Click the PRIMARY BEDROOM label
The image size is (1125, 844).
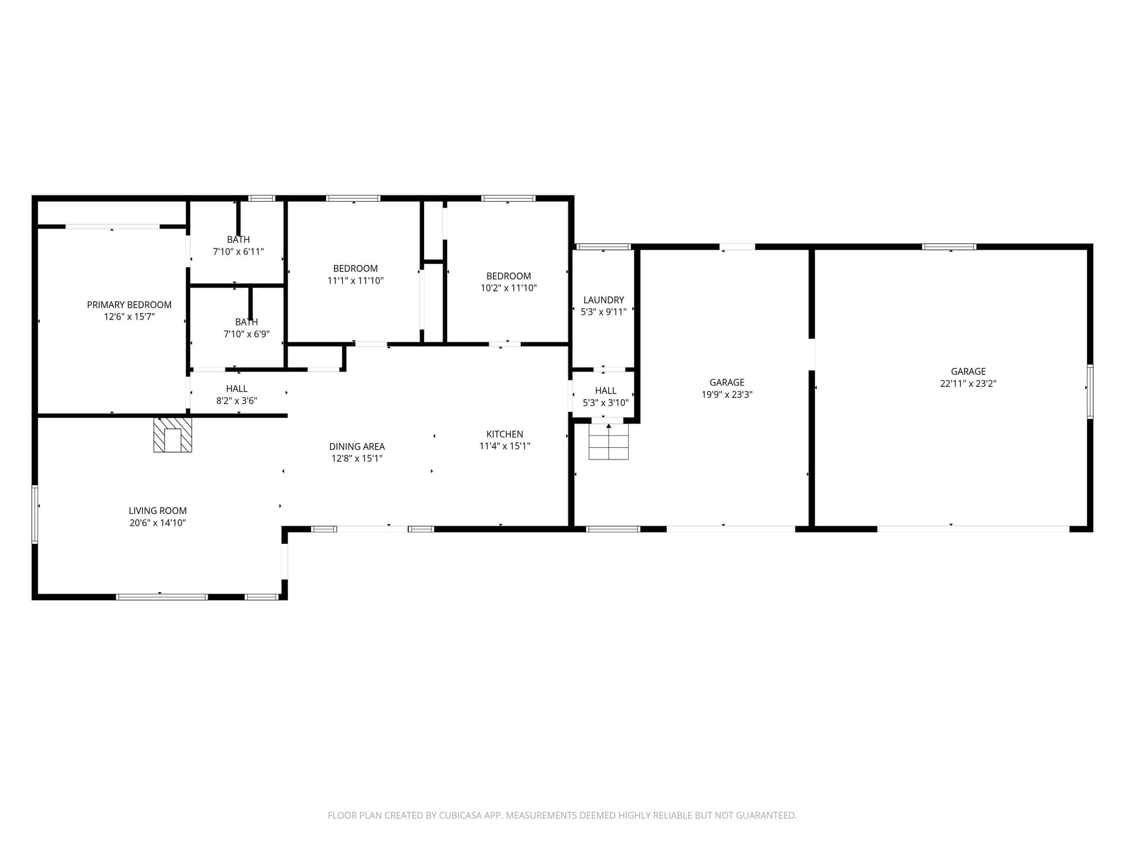(129, 305)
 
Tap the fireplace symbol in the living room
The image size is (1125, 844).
(172, 435)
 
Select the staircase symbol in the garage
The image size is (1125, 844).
(608, 441)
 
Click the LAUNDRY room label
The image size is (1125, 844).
(604, 300)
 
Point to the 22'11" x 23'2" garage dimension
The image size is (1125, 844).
(968, 384)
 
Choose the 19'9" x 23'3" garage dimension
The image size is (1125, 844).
(727, 395)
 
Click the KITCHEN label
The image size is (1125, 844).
(504, 434)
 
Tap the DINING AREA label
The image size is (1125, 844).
(357, 447)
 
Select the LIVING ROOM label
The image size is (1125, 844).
(158, 511)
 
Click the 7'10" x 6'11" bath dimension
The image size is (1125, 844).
(238, 252)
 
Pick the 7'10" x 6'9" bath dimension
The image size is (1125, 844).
(246, 335)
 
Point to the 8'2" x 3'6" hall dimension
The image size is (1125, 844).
(237, 401)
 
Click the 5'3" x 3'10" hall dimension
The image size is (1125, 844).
(605, 403)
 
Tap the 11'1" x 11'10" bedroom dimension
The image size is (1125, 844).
(355, 281)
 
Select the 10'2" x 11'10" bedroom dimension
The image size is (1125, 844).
(509, 288)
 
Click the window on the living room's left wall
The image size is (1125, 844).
(35, 515)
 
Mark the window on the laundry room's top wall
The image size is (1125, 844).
(603, 247)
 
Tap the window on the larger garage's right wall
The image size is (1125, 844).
(1090, 392)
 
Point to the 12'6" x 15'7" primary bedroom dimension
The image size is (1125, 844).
(129, 317)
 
